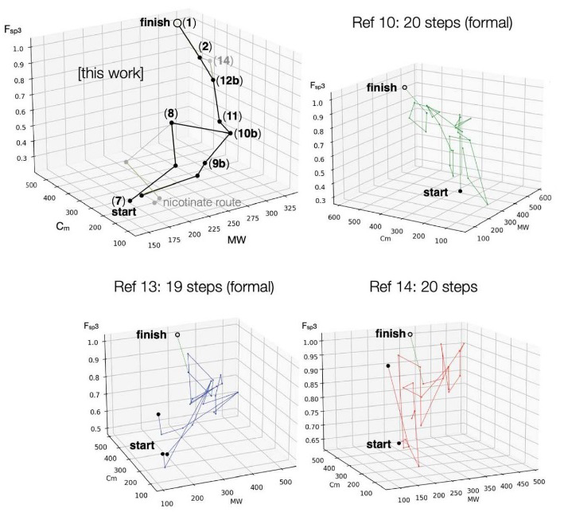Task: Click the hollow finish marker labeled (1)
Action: (177, 24)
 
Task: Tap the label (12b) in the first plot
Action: (230, 80)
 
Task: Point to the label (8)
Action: (171, 112)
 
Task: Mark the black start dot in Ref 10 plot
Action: (460, 191)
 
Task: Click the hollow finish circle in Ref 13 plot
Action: (177, 334)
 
